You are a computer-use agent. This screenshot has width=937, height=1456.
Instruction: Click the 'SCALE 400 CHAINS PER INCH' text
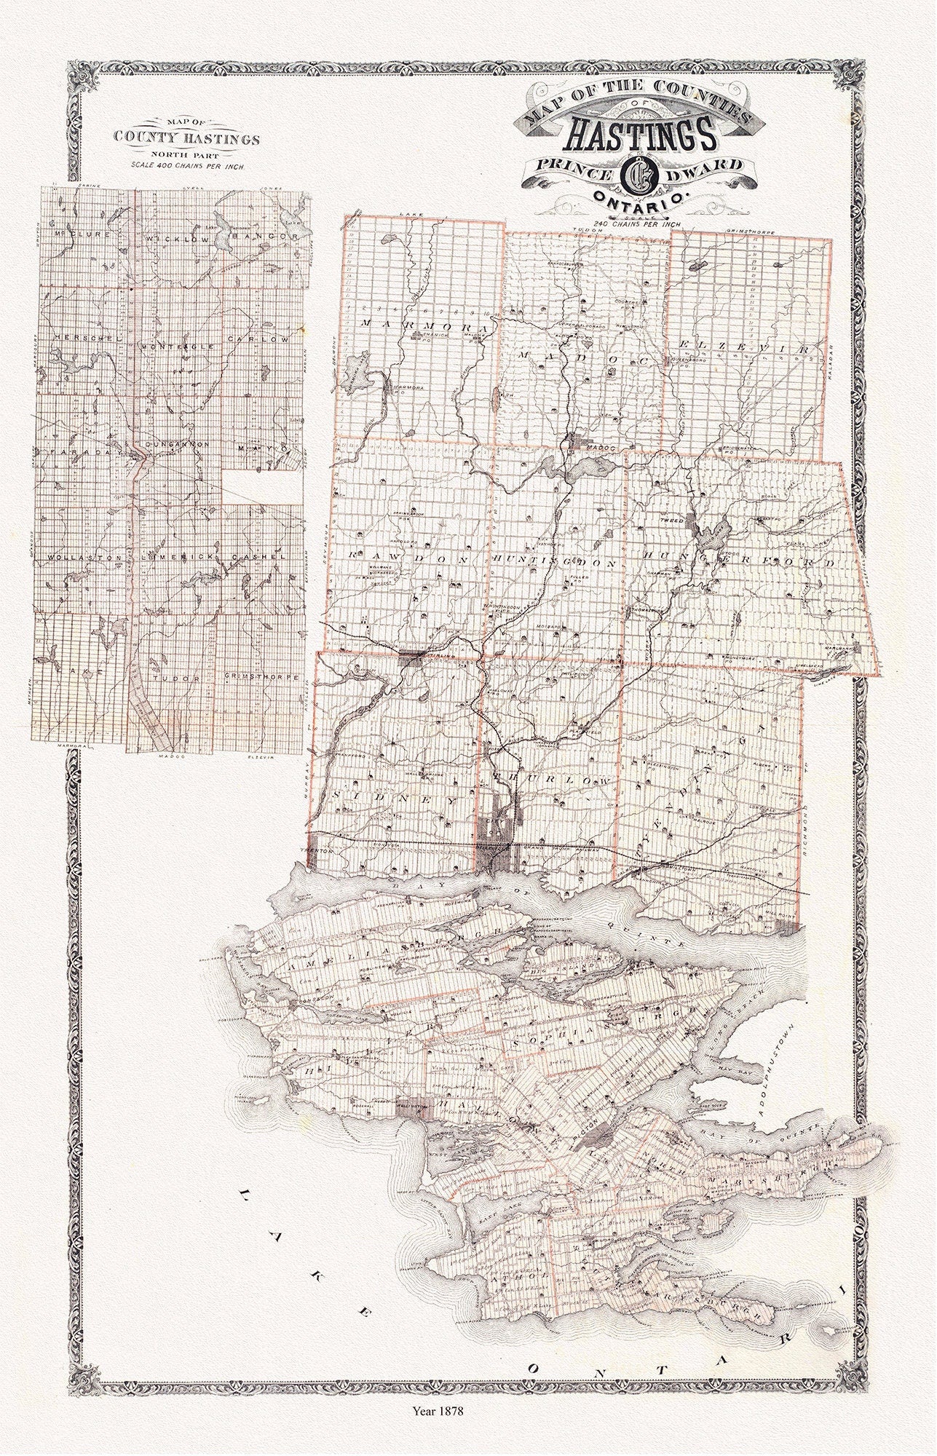tap(189, 165)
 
